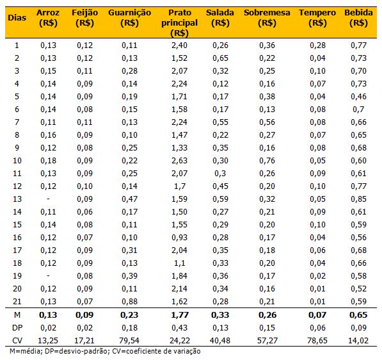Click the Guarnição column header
pyautogui.click(x=130, y=17)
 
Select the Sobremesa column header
pyautogui.click(x=267, y=17)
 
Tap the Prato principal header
pyautogui.click(x=180, y=22)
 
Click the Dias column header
pyautogui.click(x=17, y=17)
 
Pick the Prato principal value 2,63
pyautogui.click(x=180, y=161)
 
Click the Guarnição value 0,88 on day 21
pyautogui.click(x=130, y=302)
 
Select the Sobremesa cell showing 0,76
pyautogui.click(x=267, y=161)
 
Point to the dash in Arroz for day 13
pyautogui.click(x=48, y=199)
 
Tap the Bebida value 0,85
pyautogui.click(x=358, y=199)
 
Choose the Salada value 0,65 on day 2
pyautogui.click(x=220, y=58)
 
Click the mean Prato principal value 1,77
pyautogui.click(x=180, y=315)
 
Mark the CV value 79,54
pyautogui.click(x=129, y=340)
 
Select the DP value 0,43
pyautogui.click(x=180, y=327)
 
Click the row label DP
pyautogui.click(x=17, y=327)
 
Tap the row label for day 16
pyautogui.click(x=17, y=237)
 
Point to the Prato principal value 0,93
pyautogui.click(x=180, y=237)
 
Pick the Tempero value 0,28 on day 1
pyautogui.click(x=317, y=45)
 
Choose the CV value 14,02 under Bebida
pyautogui.click(x=358, y=340)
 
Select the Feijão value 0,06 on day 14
pyautogui.click(x=84, y=211)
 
